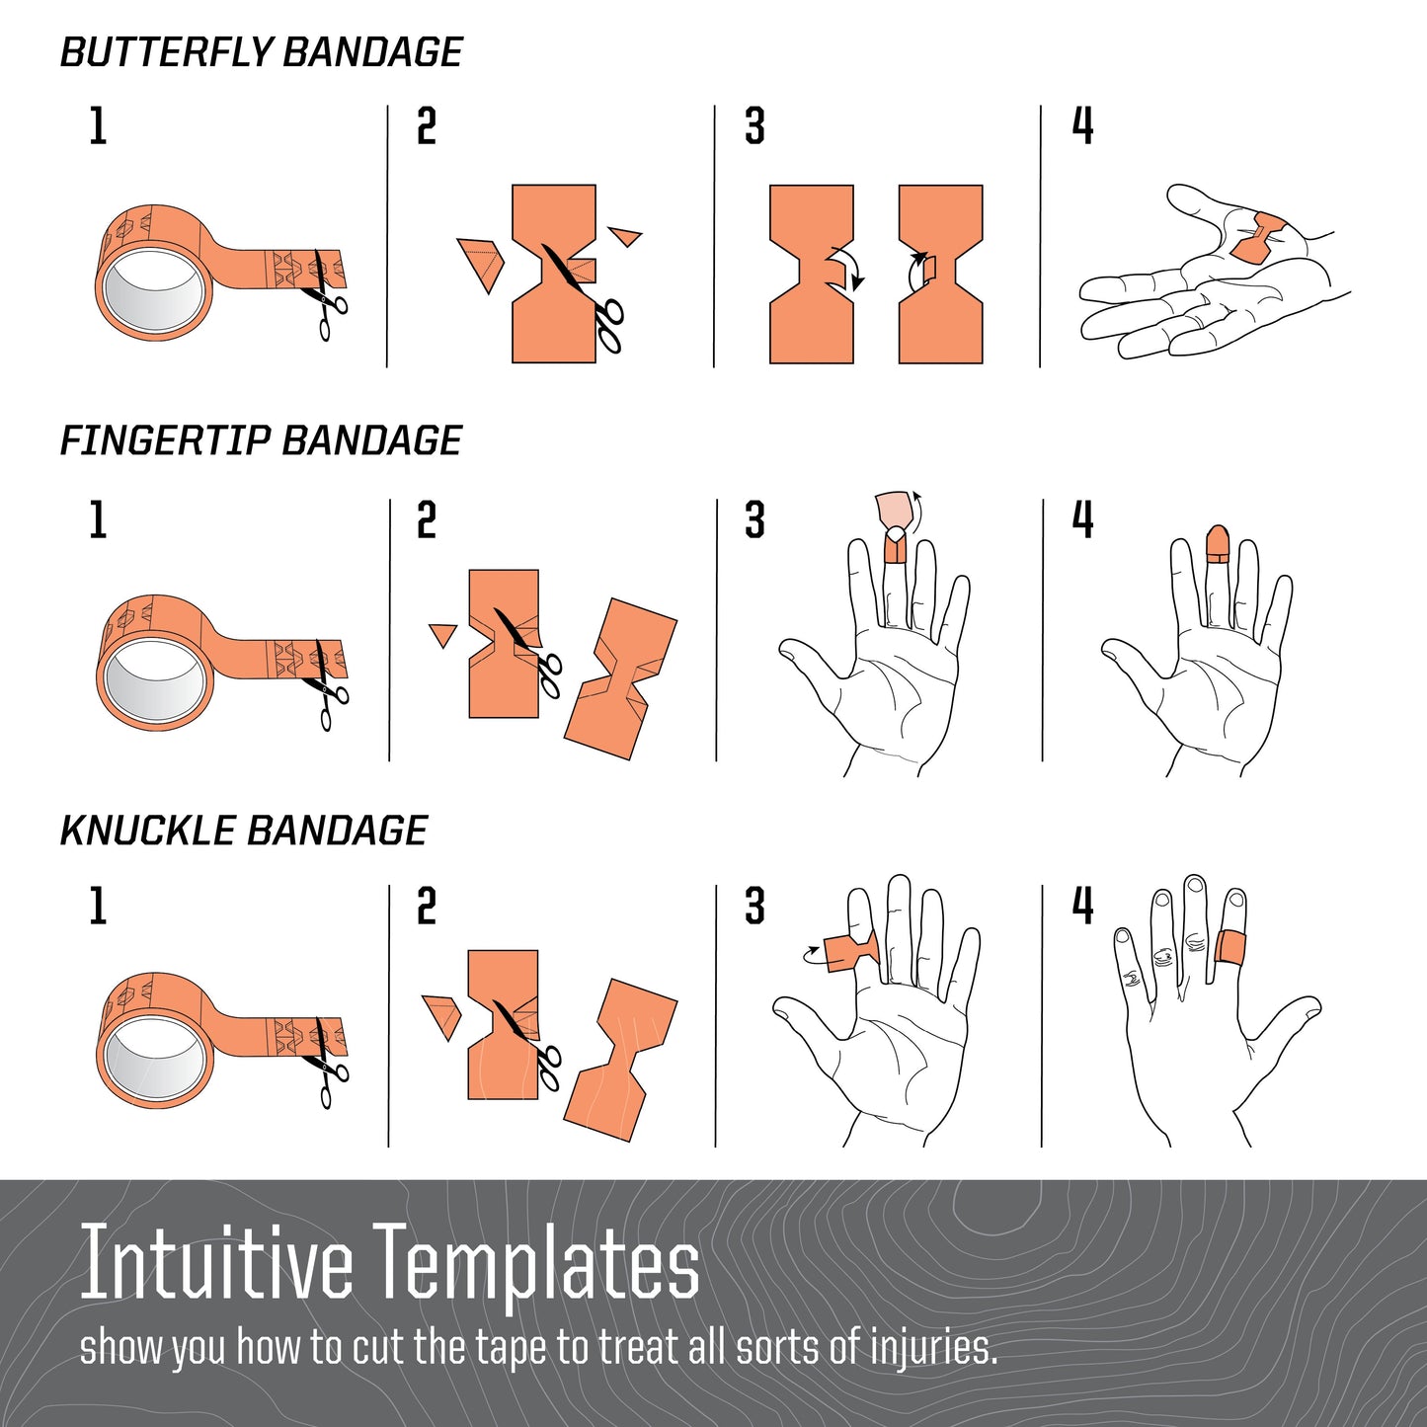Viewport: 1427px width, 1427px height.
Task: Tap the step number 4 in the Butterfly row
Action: point(1082,126)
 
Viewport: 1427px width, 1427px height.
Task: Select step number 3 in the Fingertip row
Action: point(754,520)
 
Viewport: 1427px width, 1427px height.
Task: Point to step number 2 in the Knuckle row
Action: point(426,907)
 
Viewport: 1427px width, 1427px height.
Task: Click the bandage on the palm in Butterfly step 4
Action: point(1257,238)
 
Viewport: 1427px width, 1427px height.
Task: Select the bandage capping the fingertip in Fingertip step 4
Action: point(1217,544)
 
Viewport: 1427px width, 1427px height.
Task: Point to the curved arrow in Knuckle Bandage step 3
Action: point(811,954)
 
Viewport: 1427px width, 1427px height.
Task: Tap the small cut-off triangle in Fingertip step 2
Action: point(441,634)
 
